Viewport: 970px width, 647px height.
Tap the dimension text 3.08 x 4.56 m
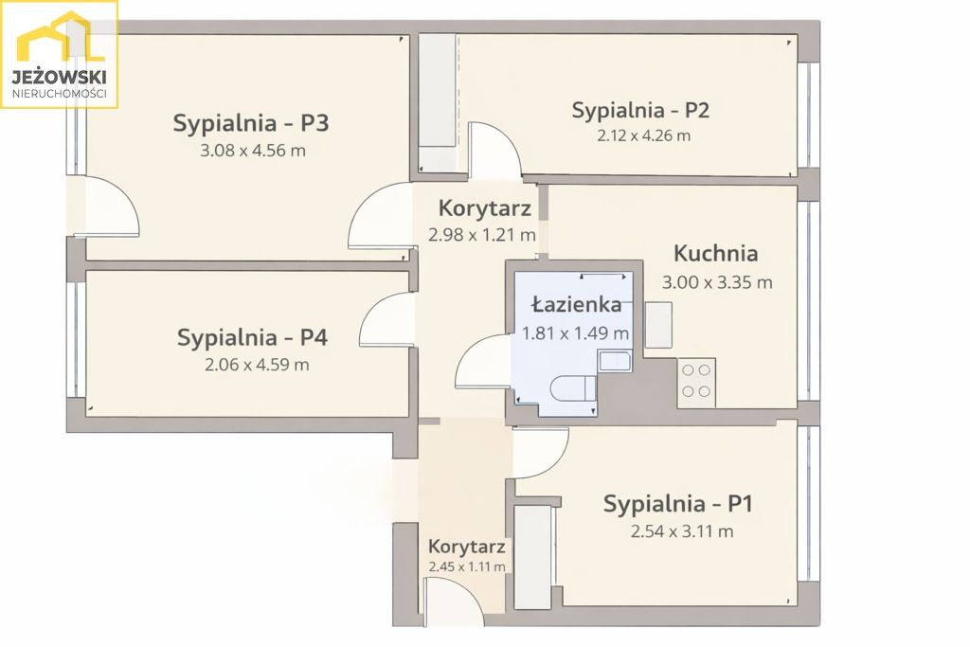click(252, 151)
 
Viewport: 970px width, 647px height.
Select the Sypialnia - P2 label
click(640, 110)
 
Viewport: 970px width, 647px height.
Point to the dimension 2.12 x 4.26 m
click(643, 135)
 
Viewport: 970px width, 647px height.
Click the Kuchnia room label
click(715, 254)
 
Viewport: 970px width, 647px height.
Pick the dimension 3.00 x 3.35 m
click(717, 282)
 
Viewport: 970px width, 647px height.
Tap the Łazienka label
click(576, 305)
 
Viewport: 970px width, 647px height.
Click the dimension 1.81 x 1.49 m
click(576, 333)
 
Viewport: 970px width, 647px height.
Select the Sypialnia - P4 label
click(252, 337)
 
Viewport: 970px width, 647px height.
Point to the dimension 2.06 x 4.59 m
click(256, 365)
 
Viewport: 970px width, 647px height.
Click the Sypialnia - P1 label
click(677, 504)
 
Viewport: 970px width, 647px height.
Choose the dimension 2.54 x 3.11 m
click(681, 531)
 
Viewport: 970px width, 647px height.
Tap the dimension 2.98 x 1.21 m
click(482, 235)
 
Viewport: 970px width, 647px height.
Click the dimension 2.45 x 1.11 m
click(467, 567)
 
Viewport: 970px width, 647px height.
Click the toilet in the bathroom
click(574, 388)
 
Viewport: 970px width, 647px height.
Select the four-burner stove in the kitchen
click(697, 381)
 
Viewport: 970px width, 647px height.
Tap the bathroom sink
click(615, 360)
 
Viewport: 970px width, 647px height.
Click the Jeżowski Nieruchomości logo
click(59, 55)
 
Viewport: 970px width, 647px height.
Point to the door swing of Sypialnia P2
click(494, 152)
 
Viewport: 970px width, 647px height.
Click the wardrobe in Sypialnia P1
click(532, 557)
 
